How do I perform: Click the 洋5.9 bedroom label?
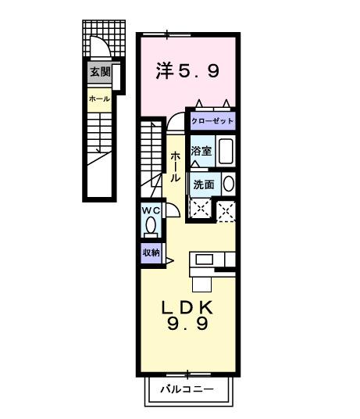click(x=187, y=71)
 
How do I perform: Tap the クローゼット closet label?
click(x=212, y=121)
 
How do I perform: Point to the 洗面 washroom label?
click(x=203, y=185)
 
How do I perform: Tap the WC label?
click(x=151, y=211)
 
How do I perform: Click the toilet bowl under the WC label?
click(x=151, y=227)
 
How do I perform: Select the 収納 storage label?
click(x=151, y=252)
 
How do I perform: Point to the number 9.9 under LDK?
click(x=187, y=324)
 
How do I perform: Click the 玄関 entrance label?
click(x=99, y=72)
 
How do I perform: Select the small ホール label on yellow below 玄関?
click(x=99, y=99)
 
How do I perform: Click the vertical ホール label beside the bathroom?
click(x=176, y=166)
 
